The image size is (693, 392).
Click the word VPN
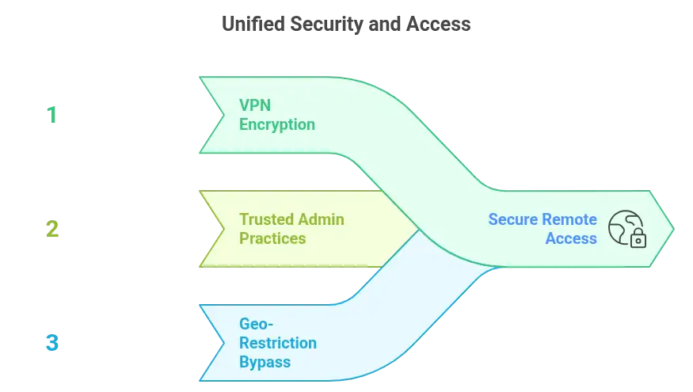pyautogui.click(x=255, y=106)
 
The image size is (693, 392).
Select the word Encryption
pyautogui.click(x=277, y=124)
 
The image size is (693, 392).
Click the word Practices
pyautogui.click(x=272, y=238)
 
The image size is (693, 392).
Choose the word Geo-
pyautogui.click(x=256, y=324)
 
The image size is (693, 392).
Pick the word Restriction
pyautogui.click(x=278, y=343)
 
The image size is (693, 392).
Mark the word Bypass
pyautogui.click(x=265, y=362)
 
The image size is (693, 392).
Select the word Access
pyautogui.click(x=571, y=238)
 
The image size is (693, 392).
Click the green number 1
pyautogui.click(x=51, y=116)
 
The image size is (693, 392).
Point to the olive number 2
pyautogui.click(x=52, y=230)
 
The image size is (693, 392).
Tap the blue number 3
pyautogui.click(x=52, y=344)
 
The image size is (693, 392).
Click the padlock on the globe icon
pyautogui.click(x=638, y=238)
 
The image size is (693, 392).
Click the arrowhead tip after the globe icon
pyautogui.click(x=672, y=229)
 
